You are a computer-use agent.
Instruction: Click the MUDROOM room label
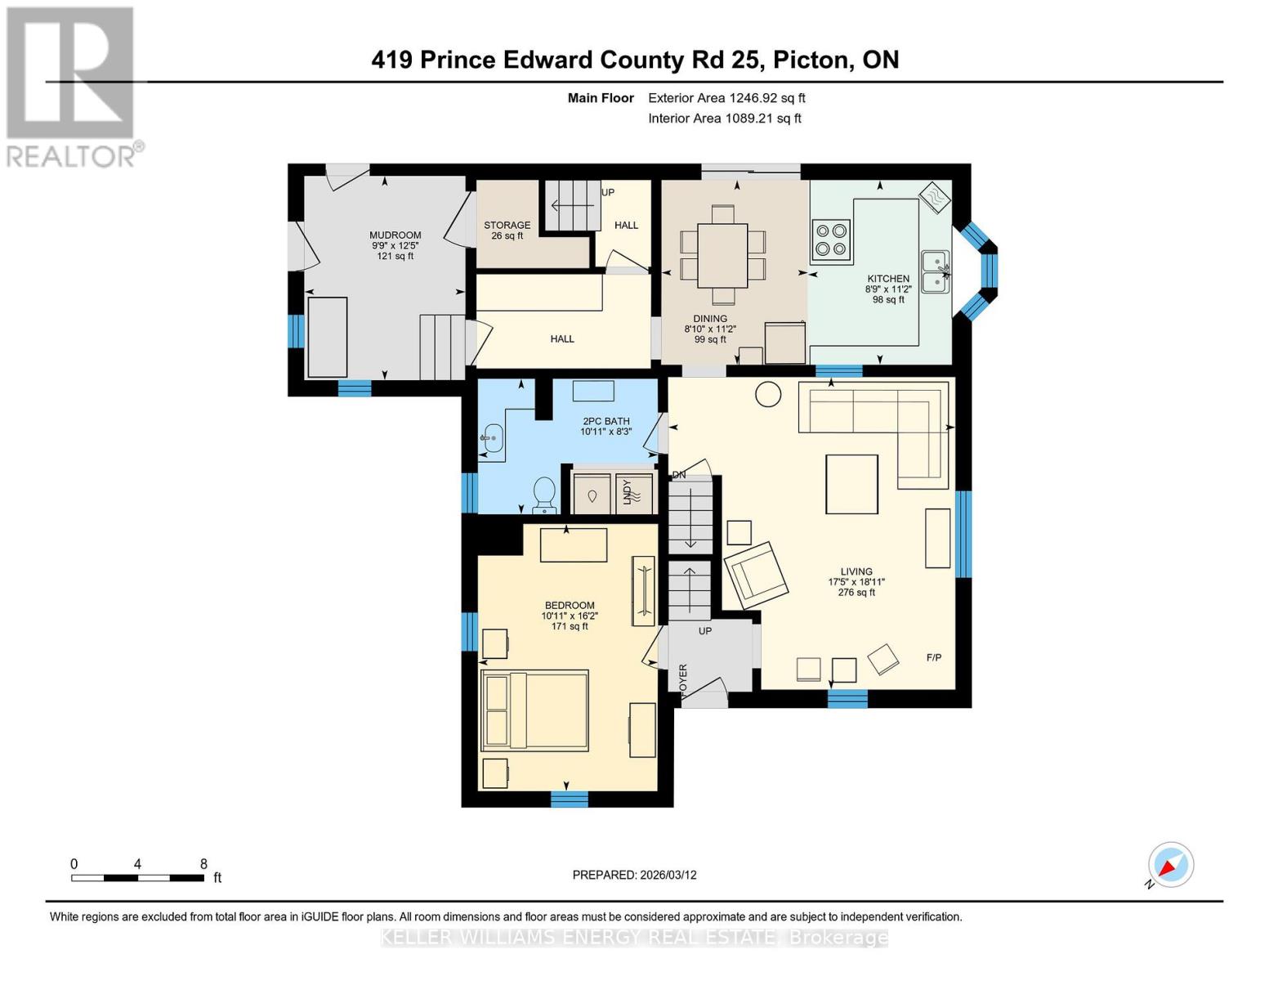[x=395, y=235]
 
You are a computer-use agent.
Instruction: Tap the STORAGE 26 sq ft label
[x=507, y=231]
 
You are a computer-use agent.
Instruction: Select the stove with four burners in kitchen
[x=831, y=240]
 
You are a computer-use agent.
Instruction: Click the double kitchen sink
[x=936, y=271]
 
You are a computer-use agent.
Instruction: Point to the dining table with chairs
[x=722, y=255]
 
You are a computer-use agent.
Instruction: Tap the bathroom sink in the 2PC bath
[x=491, y=438]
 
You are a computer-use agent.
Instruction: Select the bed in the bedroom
[x=534, y=710]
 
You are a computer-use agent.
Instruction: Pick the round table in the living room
[x=767, y=394]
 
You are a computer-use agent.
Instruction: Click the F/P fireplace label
[x=934, y=657]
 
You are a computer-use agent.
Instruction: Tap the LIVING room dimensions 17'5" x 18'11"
[x=856, y=582]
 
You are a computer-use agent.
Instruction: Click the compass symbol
[x=1170, y=865]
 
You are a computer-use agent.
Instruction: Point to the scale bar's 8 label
[x=203, y=863]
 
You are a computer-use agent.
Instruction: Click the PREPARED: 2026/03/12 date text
[x=634, y=875]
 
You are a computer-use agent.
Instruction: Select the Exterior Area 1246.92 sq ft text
[x=726, y=98]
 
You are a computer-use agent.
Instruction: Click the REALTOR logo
[x=72, y=86]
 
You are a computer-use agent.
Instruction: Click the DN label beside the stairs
[x=678, y=475]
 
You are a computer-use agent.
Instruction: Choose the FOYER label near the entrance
[x=682, y=678]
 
